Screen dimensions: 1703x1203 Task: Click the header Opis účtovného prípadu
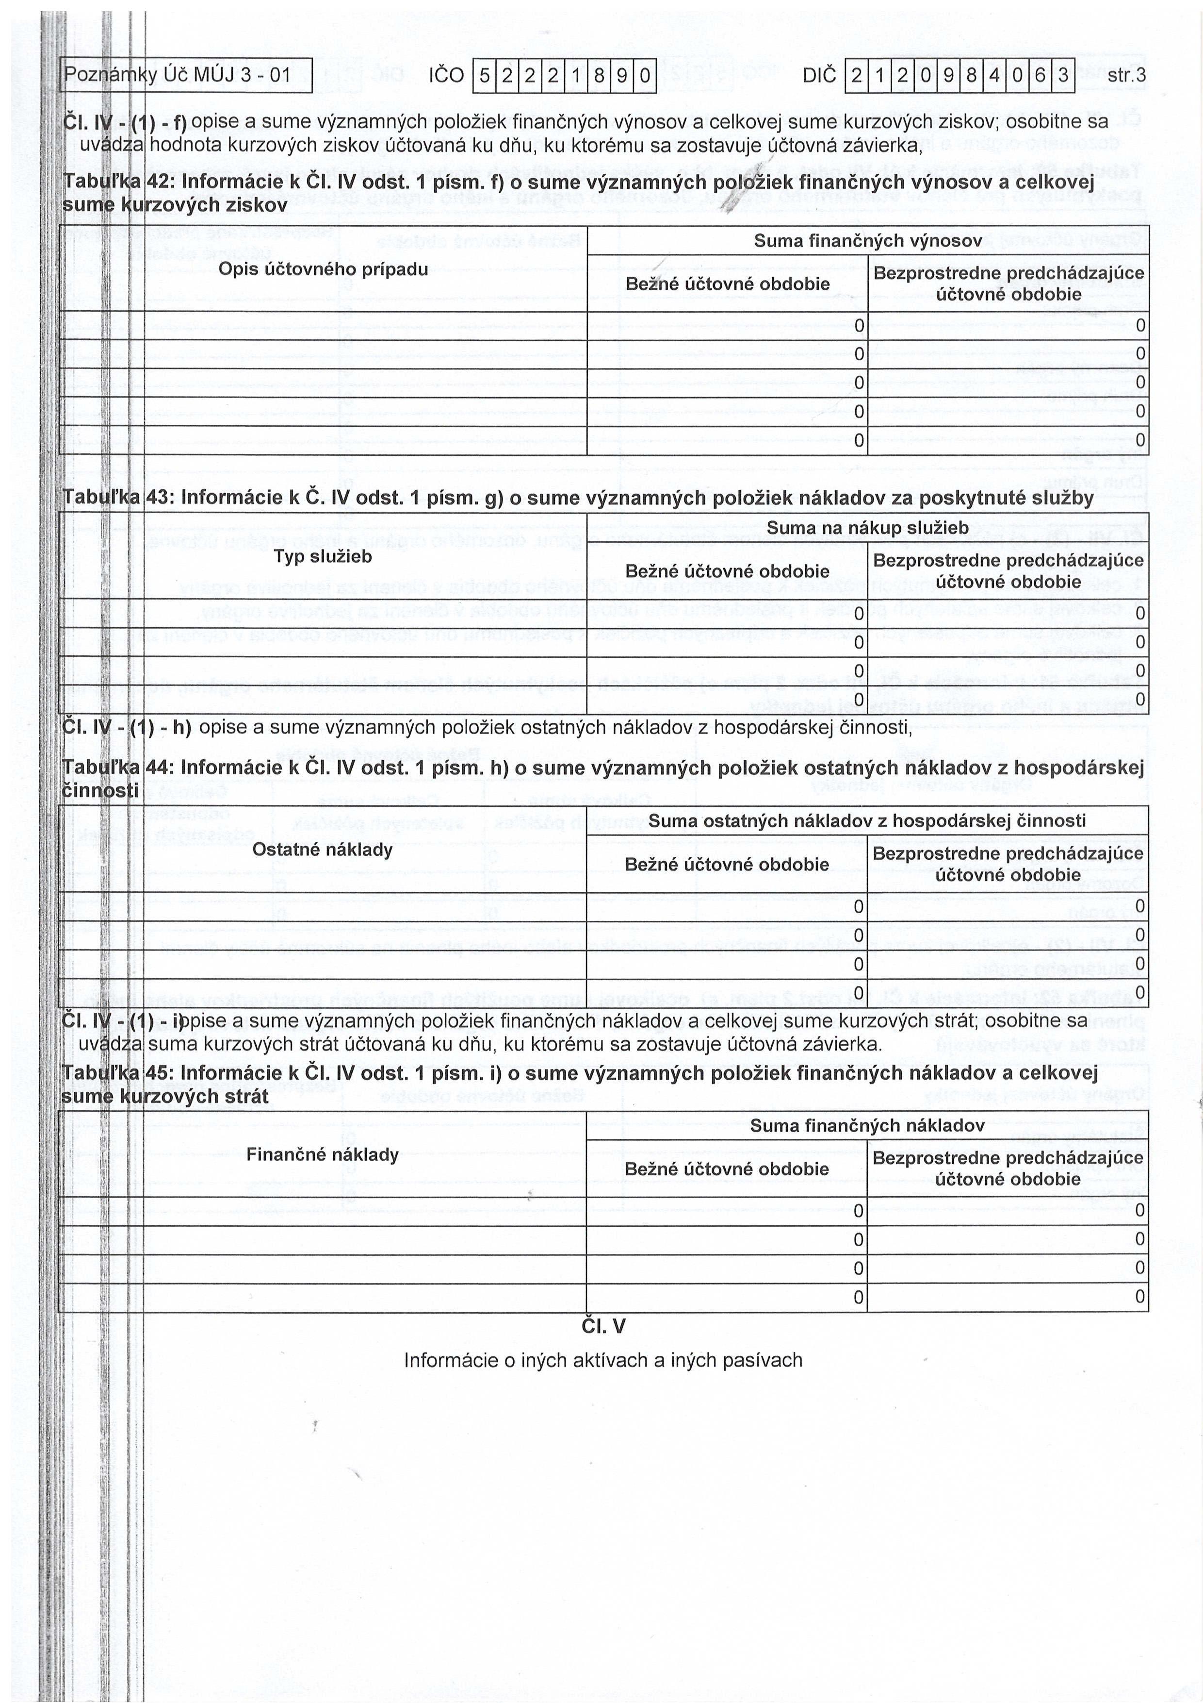tap(323, 269)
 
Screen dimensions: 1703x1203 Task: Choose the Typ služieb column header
tap(323, 556)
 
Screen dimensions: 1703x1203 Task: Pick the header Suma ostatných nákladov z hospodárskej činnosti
tap(867, 820)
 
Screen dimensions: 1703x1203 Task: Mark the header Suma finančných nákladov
tap(867, 1125)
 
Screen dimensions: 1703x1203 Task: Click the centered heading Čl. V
tap(603, 1326)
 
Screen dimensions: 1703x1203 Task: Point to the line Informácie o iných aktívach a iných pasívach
tap(603, 1360)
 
